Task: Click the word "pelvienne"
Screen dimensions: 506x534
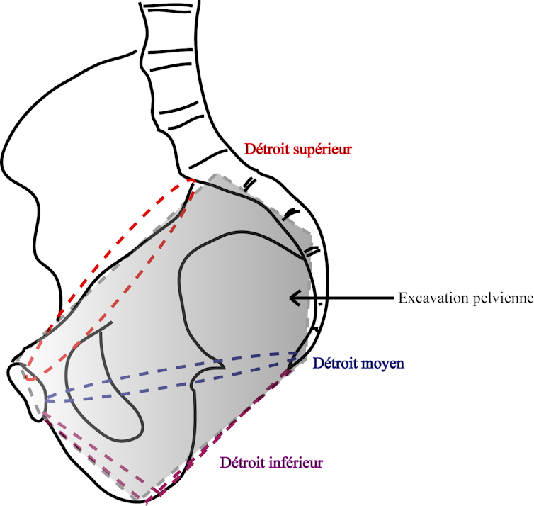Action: tap(500, 298)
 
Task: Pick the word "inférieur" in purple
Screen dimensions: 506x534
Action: tap(296, 463)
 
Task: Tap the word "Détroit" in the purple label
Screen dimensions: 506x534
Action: tap(243, 463)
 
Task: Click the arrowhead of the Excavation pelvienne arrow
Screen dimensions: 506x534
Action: tap(292, 298)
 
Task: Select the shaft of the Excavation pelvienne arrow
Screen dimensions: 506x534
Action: tap(347, 298)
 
